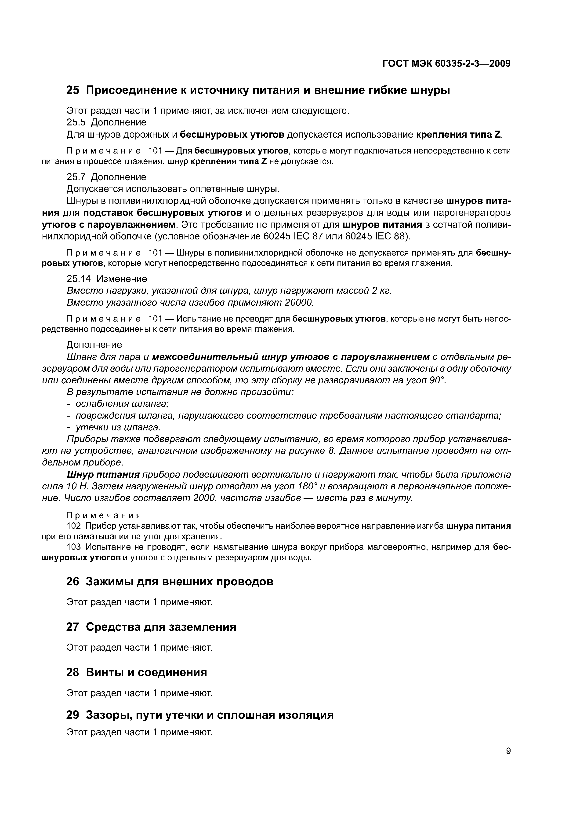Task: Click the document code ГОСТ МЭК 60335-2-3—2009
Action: click(x=446, y=64)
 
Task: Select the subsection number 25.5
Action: click(x=76, y=123)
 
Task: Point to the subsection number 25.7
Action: click(x=76, y=177)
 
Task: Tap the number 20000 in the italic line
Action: click(x=299, y=303)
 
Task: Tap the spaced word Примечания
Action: click(x=104, y=515)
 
